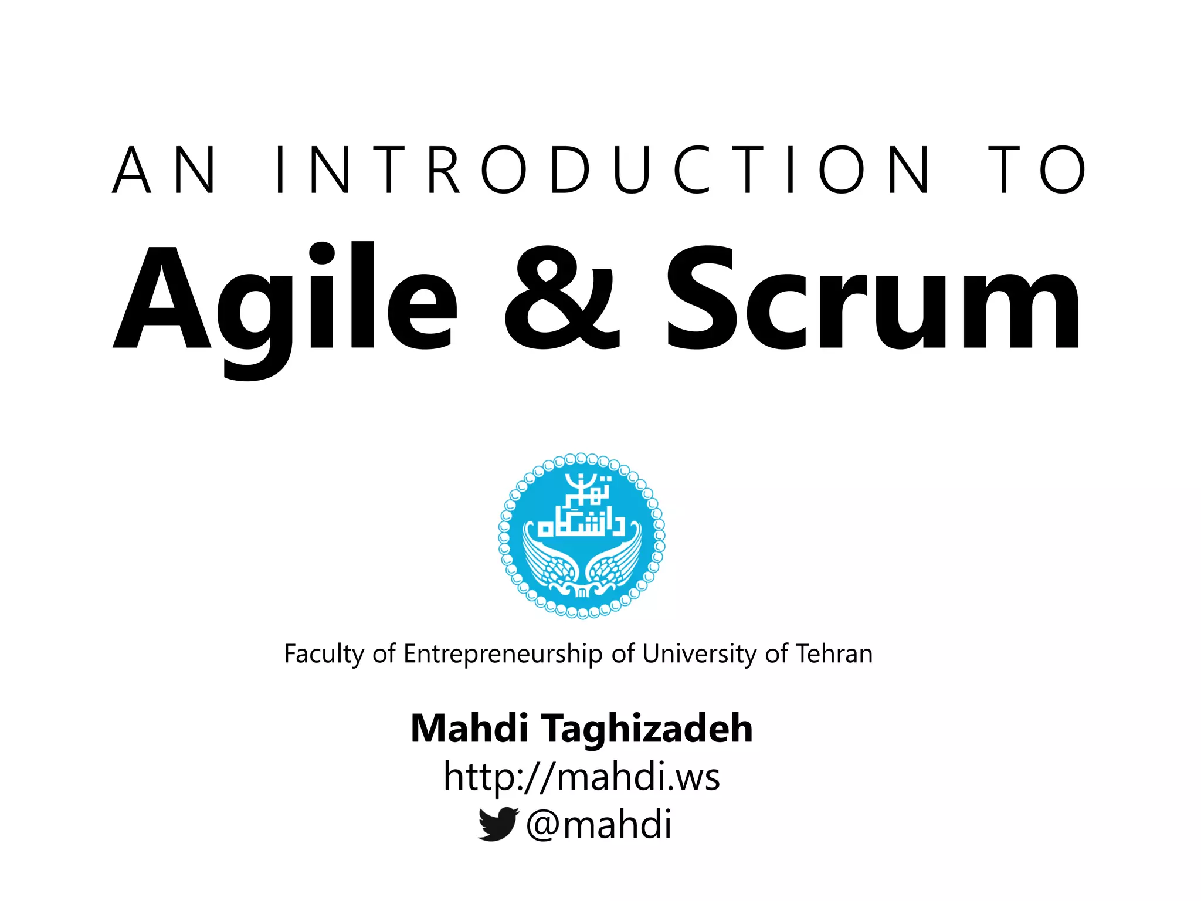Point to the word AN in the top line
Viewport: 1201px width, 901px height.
[x=164, y=170]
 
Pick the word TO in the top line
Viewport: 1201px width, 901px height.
[x=1037, y=170]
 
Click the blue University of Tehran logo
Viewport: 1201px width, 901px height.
[x=581, y=536]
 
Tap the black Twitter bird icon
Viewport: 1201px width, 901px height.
[x=498, y=824]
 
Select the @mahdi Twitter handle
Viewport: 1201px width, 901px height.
[x=599, y=824]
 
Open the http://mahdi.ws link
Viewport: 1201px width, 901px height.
[x=581, y=777]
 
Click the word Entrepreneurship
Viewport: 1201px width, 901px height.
[x=503, y=654]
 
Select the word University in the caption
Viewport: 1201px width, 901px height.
[x=699, y=654]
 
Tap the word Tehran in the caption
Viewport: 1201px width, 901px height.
[x=834, y=654]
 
